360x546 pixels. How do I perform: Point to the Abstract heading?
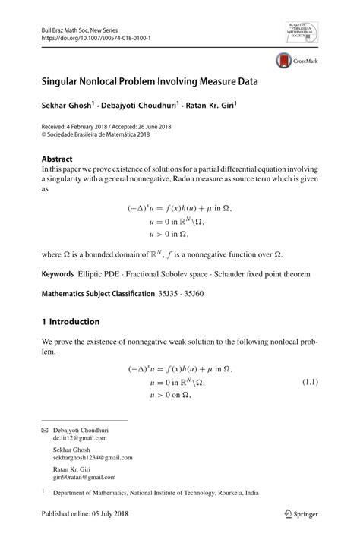[57, 159]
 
